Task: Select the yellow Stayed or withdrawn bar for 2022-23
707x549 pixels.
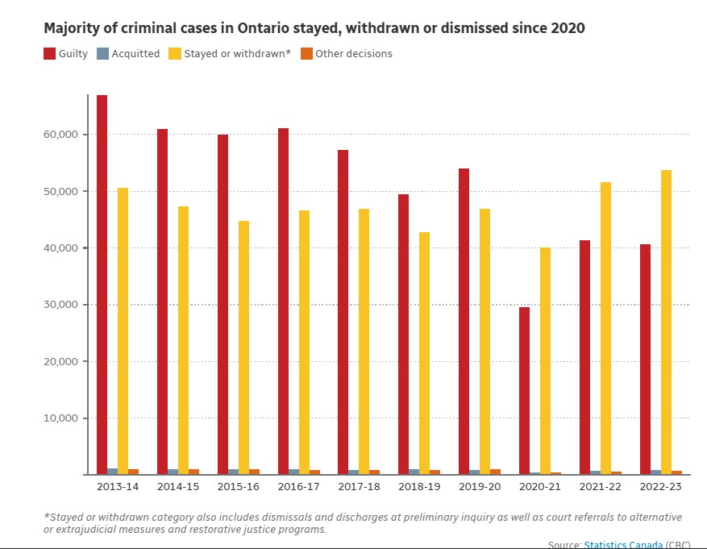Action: pos(666,322)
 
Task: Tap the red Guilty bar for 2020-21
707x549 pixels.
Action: pos(524,391)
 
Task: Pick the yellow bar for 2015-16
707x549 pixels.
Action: pos(243,347)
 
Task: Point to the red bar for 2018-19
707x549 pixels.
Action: pos(403,335)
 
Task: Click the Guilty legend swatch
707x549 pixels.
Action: pos(49,54)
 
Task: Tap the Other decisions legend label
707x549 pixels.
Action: pos(353,54)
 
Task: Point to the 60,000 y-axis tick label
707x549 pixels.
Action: pos(60,135)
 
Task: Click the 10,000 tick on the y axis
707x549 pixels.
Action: pos(60,418)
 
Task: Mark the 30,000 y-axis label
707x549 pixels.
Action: pos(60,305)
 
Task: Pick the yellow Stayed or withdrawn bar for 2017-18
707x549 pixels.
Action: pos(364,342)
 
